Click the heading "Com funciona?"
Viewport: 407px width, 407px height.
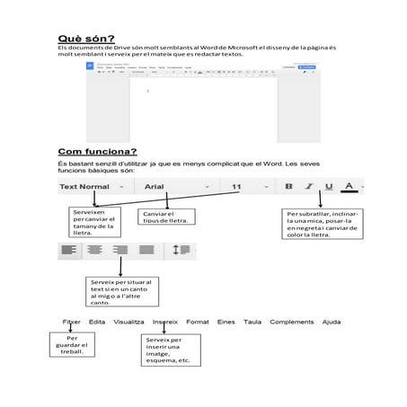click(x=97, y=151)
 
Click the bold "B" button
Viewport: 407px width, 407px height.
click(x=288, y=187)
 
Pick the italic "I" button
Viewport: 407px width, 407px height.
click(x=309, y=187)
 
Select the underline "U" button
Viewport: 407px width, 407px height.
click(x=329, y=187)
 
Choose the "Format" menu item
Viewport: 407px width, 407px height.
click(x=198, y=322)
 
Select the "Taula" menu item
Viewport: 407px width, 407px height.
click(x=252, y=322)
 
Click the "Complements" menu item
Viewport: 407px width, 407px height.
click(x=292, y=322)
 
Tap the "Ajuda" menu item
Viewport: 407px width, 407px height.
click(x=332, y=322)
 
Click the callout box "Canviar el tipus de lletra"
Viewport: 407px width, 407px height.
click(x=168, y=217)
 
